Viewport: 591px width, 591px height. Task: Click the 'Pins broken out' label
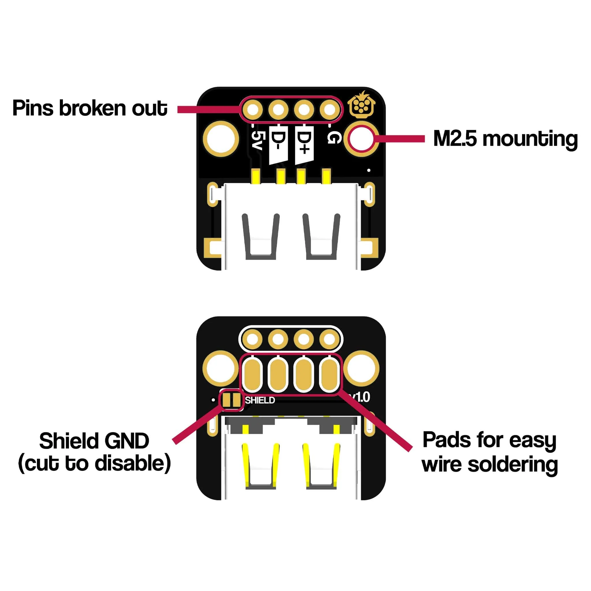click(90, 108)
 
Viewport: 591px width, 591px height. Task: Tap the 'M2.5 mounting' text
click(505, 139)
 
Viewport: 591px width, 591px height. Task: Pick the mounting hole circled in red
click(361, 139)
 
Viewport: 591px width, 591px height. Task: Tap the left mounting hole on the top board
click(220, 139)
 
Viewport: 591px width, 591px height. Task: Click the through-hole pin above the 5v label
click(253, 109)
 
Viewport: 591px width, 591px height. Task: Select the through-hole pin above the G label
click(330, 109)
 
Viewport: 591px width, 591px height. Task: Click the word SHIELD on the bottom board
click(260, 400)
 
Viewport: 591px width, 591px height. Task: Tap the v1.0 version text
click(361, 397)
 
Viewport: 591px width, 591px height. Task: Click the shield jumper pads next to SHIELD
click(231, 400)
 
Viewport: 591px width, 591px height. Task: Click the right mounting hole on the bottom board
click(361, 368)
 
